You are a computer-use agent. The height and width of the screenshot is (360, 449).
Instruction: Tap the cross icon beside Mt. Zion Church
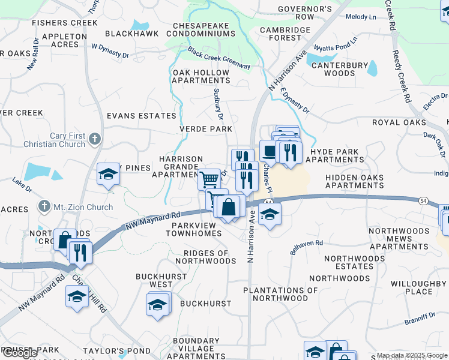tap(43, 207)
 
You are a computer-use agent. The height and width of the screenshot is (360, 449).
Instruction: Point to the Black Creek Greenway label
tap(218, 58)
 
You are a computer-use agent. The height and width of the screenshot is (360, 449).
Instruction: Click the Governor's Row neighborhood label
tap(305, 13)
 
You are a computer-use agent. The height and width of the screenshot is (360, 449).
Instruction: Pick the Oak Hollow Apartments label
tap(201, 76)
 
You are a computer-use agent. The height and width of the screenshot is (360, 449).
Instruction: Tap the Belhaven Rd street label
tap(307, 247)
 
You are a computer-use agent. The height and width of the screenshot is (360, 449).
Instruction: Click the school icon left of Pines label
tap(108, 175)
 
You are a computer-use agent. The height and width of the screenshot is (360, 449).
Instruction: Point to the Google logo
tap(20, 353)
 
